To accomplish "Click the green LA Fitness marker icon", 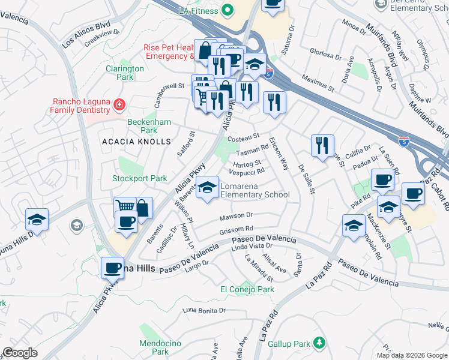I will click(x=227, y=10).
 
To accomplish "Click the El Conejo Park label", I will click(x=247, y=289).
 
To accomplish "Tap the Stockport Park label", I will click(x=140, y=178).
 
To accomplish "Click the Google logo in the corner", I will click(x=20, y=353).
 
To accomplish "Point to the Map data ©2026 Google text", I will click(x=412, y=355).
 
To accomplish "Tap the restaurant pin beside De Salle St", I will click(x=323, y=146).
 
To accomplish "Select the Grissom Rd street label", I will click(x=237, y=229).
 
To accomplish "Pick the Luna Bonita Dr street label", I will click(x=204, y=310).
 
